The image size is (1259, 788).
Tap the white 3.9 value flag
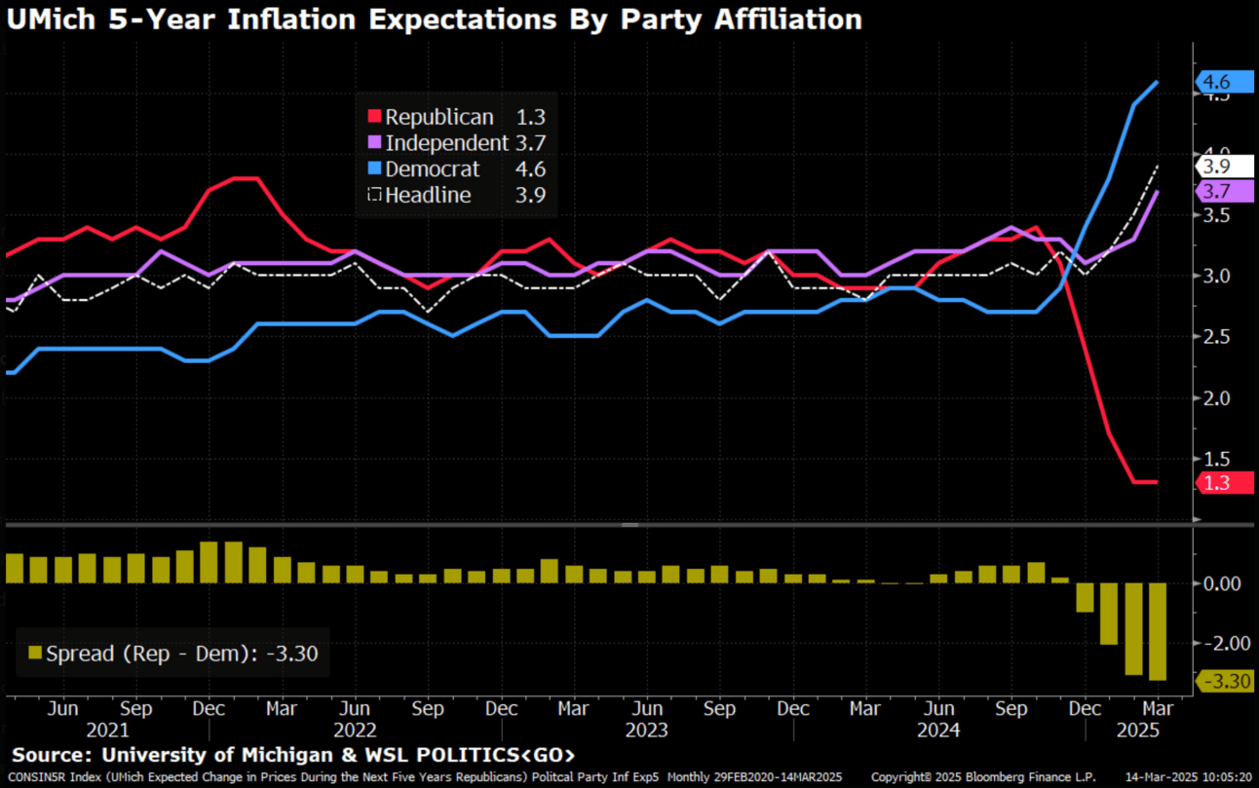[x=1224, y=166]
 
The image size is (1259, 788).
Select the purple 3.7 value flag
[x=1224, y=192]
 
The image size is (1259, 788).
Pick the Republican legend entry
[x=439, y=117]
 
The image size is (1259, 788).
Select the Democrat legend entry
[x=433, y=169]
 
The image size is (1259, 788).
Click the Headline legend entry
[x=428, y=195]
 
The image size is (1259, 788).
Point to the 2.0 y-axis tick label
[x=1214, y=397]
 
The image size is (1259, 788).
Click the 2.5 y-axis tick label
[x=1214, y=337]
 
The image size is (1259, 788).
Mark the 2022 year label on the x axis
[x=355, y=730]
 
